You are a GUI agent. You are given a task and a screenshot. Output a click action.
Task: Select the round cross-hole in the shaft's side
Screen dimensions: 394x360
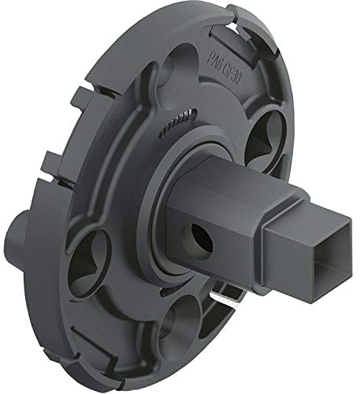(x=197, y=234)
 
